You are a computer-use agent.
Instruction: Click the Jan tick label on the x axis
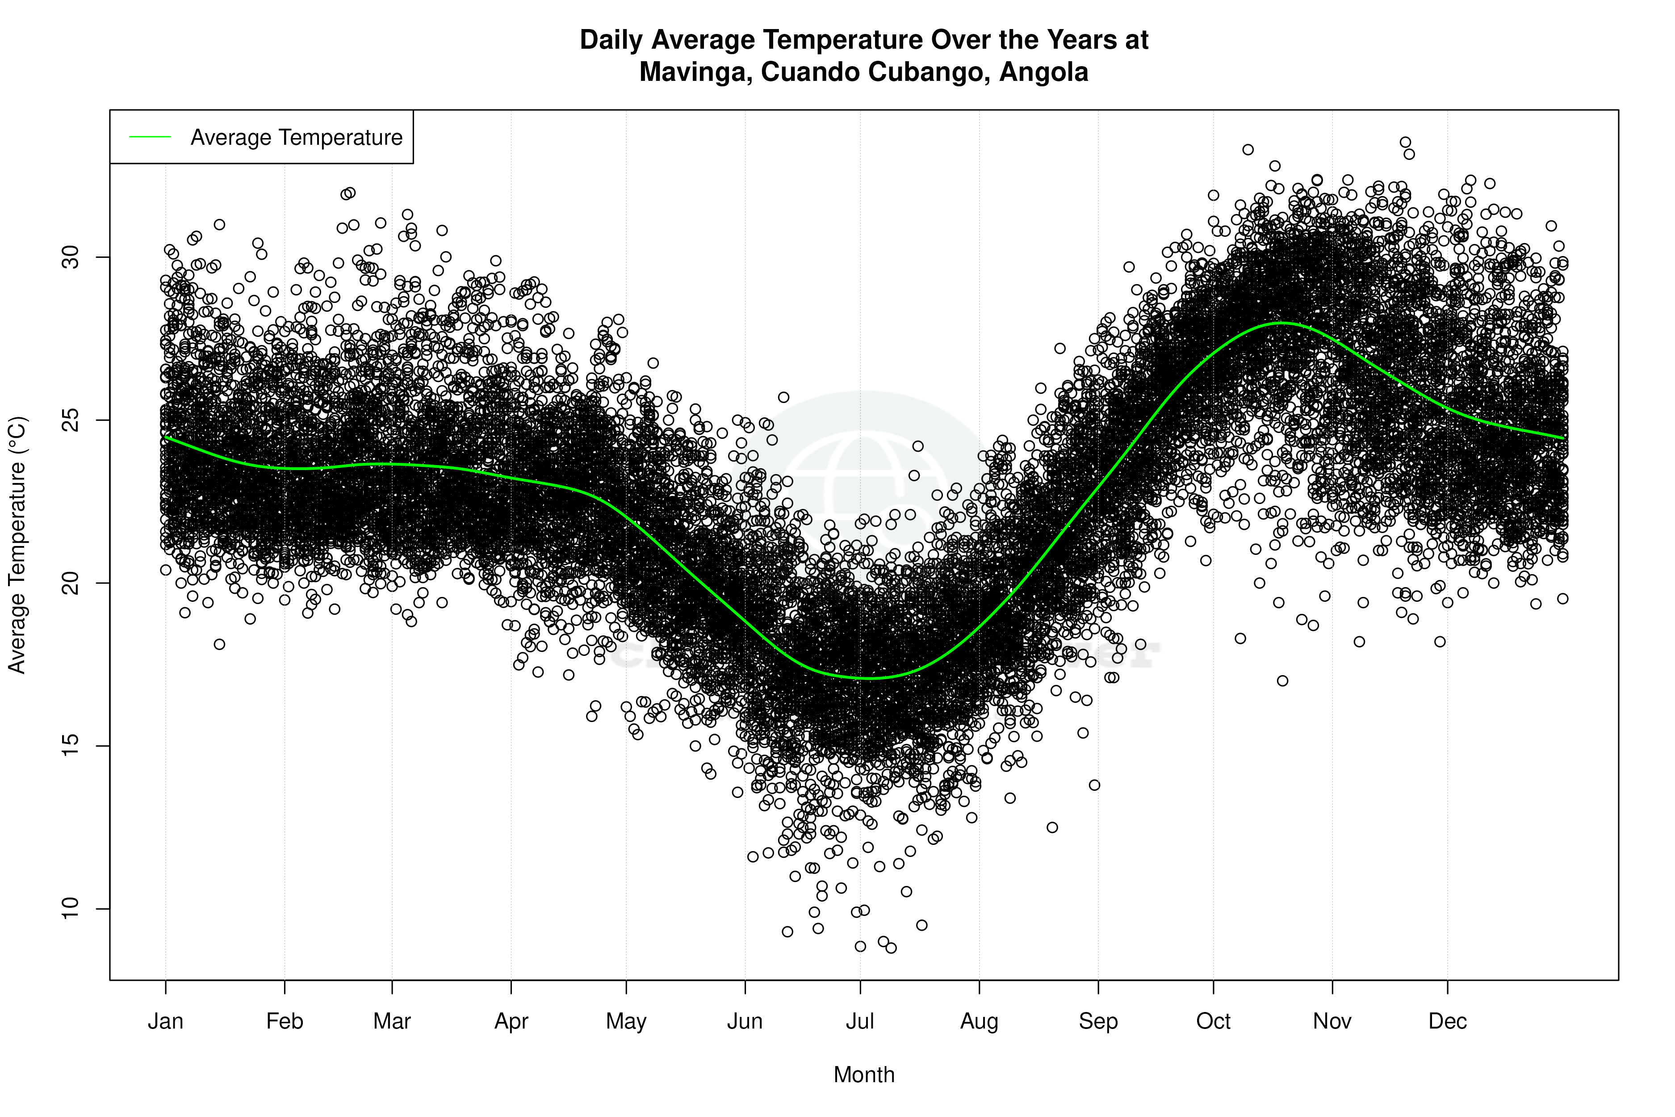(x=165, y=1021)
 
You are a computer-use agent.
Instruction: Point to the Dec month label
(x=1447, y=1021)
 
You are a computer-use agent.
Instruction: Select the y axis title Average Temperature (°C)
(x=17, y=545)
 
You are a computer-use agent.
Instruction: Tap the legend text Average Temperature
(x=296, y=138)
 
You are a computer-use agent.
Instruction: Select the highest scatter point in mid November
(x=1405, y=143)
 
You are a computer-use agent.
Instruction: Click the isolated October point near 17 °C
(x=1282, y=681)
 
